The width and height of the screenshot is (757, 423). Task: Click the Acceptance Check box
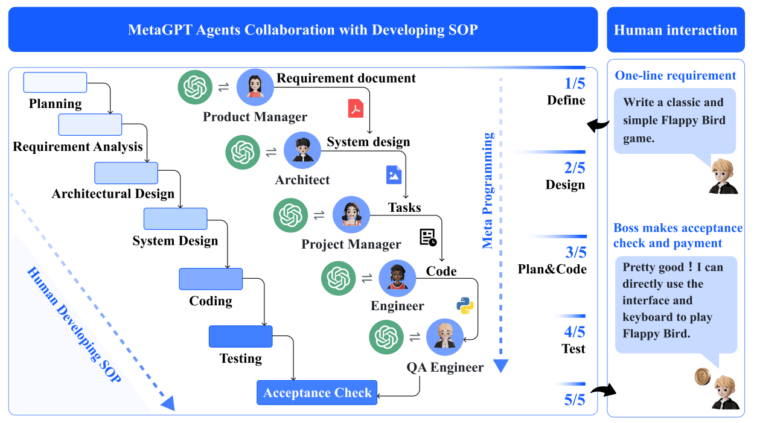pos(317,393)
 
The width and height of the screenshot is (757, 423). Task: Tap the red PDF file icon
pos(356,108)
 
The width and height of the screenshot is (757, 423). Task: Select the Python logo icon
pos(464,305)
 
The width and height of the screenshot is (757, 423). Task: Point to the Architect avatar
pos(302,150)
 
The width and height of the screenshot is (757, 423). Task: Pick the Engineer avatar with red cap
pos(397,278)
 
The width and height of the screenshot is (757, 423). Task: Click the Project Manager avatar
pos(351,215)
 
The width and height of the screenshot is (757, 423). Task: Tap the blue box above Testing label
pos(240,336)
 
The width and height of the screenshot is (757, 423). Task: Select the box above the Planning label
pos(55,82)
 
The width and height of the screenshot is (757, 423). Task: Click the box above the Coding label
pos(211,279)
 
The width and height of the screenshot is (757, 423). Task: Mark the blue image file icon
pos(394,174)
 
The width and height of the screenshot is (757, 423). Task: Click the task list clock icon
pos(428,237)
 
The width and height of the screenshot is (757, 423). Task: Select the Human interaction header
pos(676,30)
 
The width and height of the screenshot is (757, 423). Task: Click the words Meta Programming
pos(488,191)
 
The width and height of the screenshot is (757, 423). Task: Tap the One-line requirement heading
pos(676,75)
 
